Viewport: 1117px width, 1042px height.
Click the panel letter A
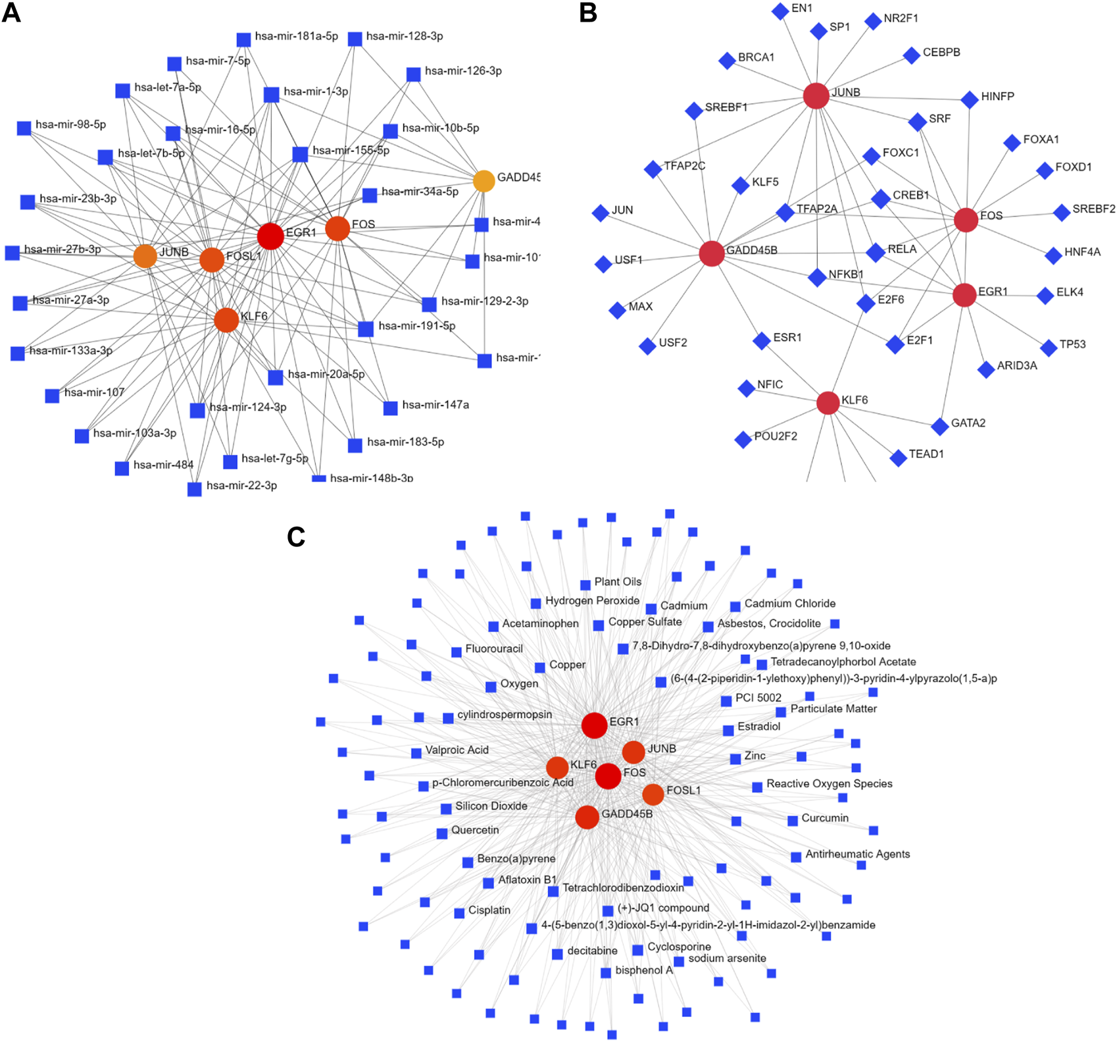click(11, 13)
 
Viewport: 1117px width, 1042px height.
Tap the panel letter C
click(296, 537)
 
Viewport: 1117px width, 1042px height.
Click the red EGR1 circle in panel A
click(270, 236)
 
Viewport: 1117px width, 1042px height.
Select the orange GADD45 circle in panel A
click(484, 181)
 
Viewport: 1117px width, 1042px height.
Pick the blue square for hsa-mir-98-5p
click(24, 128)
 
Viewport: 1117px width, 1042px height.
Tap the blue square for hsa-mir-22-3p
click(195, 489)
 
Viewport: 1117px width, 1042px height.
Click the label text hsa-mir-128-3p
click(405, 36)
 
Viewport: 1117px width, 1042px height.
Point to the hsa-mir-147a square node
click(391, 408)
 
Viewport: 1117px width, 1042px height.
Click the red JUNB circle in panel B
click(816, 96)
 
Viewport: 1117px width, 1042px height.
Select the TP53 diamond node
click(1049, 348)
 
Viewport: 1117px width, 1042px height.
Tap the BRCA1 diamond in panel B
click(727, 61)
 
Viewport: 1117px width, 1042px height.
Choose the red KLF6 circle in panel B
click(828, 403)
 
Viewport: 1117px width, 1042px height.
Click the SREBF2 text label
click(1094, 209)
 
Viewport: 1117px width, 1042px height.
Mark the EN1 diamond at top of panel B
click(780, 11)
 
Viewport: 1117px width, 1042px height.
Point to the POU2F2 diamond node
click(743, 439)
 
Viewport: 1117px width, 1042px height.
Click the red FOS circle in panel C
click(608, 776)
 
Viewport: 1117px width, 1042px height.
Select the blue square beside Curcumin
click(793, 820)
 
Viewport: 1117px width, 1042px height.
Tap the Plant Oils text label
click(618, 582)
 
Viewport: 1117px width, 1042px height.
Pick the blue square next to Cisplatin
click(459, 913)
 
